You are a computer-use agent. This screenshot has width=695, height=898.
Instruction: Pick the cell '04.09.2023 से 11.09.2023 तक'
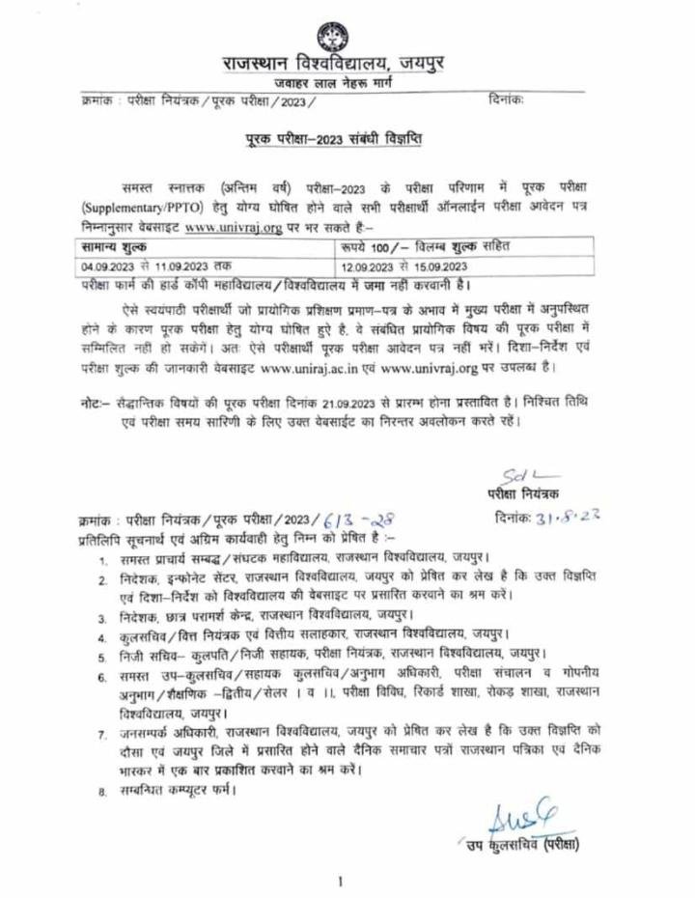155,265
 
